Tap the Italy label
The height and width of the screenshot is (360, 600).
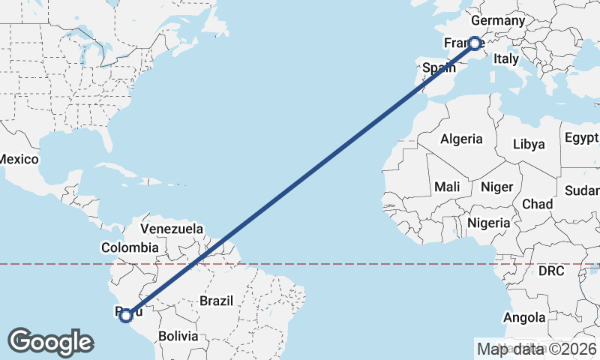[x=506, y=58]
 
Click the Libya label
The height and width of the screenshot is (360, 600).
[x=529, y=144]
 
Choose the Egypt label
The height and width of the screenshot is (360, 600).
[x=581, y=137]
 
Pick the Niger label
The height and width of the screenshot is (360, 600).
[x=496, y=186]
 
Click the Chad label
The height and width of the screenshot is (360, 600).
[x=537, y=203]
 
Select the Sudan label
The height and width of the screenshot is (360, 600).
[x=582, y=190]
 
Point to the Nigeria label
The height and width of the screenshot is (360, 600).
[x=489, y=223]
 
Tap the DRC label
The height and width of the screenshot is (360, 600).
[x=551, y=271]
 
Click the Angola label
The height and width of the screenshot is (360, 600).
[x=524, y=317]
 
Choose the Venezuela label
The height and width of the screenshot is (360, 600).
[x=172, y=228]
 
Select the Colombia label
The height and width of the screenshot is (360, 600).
[x=130, y=247]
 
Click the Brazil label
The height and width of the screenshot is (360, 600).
[x=217, y=301]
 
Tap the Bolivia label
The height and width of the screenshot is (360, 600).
[x=178, y=336]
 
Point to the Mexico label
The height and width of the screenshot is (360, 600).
[x=18, y=159]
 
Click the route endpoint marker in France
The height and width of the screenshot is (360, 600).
[x=475, y=43]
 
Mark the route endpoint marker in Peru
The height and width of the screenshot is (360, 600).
[x=126, y=315]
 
